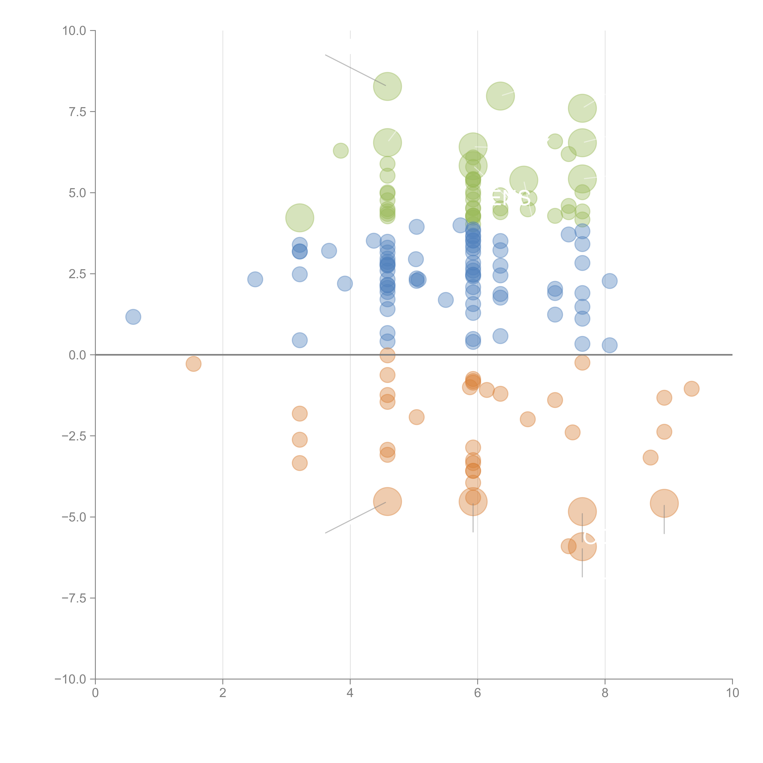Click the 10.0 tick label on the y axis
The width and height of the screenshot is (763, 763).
click(74, 31)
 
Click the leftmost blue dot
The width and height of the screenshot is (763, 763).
click(133, 317)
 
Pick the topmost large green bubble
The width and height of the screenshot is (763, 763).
click(387, 87)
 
